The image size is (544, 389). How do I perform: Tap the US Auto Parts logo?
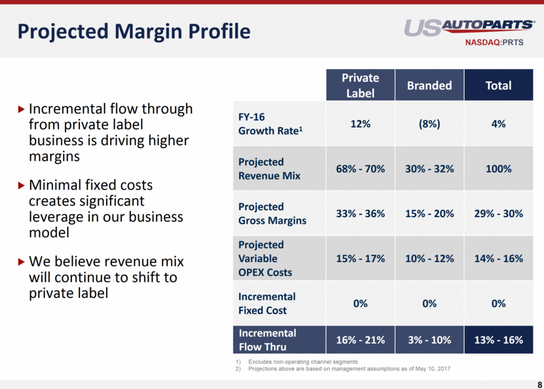469,27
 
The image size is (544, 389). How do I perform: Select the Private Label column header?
360,85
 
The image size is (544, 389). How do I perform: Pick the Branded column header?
429,85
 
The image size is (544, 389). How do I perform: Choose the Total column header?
498,85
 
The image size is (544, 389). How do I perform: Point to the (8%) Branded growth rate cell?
429,123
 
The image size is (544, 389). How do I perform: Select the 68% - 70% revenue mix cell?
360,169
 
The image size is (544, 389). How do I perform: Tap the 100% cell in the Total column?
498,169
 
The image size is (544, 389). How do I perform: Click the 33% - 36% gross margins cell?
360,213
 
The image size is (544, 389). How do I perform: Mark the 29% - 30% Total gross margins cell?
498,213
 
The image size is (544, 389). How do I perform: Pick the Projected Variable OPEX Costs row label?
265,258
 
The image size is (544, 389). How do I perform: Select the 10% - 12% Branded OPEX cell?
429,258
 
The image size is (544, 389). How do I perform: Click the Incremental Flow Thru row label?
267,340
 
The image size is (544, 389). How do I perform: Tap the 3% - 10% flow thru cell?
429,340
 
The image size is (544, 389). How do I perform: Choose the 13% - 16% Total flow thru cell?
498,340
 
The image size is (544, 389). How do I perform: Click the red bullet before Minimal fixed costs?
22,186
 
